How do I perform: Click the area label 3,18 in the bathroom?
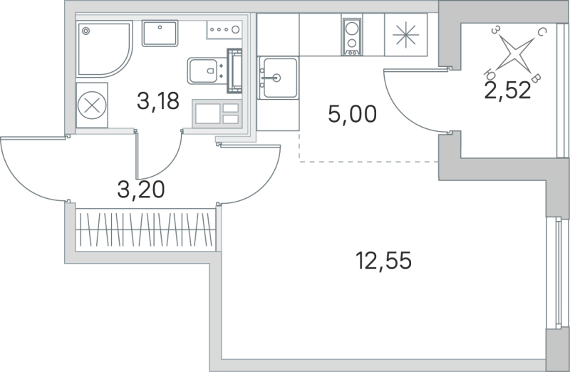[157, 101]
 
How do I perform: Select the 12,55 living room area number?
[385, 260]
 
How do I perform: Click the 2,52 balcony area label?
[507, 91]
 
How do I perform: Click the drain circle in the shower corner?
[86, 31]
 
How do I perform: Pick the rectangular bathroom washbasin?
[160, 33]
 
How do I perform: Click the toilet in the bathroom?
[207, 71]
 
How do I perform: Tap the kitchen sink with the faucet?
[278, 77]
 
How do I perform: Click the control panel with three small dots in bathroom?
[225, 30]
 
